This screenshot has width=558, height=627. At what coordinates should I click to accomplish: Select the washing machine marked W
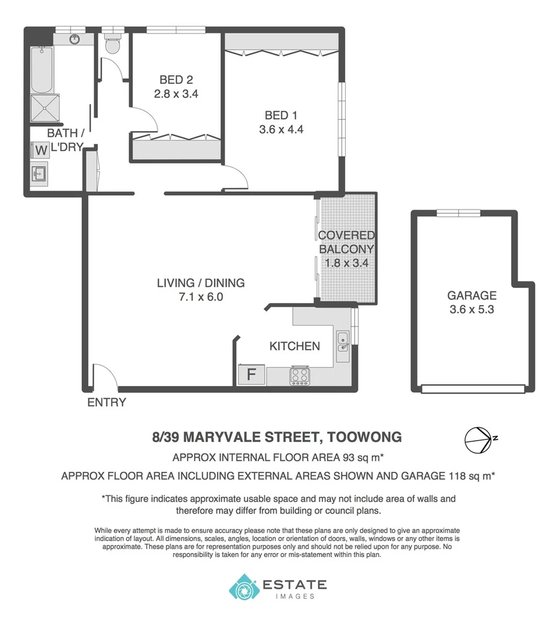[41, 150]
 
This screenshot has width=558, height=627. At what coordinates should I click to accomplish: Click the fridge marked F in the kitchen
[251, 374]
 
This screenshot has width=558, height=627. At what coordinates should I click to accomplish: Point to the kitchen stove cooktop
[300, 375]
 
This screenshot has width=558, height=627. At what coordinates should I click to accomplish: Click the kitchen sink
[342, 341]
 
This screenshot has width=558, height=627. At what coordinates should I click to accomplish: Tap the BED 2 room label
[176, 80]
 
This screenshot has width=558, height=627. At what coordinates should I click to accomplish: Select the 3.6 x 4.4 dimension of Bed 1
[281, 130]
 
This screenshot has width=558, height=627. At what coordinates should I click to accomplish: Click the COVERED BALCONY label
[346, 242]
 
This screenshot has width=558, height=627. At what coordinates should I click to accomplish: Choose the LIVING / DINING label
[201, 283]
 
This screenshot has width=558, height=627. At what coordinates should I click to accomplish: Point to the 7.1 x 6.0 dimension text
[201, 297]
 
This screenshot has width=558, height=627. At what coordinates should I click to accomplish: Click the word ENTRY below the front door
[106, 403]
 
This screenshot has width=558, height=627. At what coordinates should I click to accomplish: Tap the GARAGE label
[472, 296]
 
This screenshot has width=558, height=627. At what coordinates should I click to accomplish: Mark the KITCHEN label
[295, 346]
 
